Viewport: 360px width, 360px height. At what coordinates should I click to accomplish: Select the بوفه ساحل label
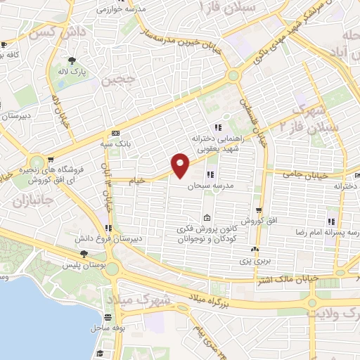[x=108, y=328]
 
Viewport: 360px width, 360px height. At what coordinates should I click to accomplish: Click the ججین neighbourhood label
[x=117, y=82]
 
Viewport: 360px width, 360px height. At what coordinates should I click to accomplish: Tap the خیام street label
[x=136, y=181]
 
